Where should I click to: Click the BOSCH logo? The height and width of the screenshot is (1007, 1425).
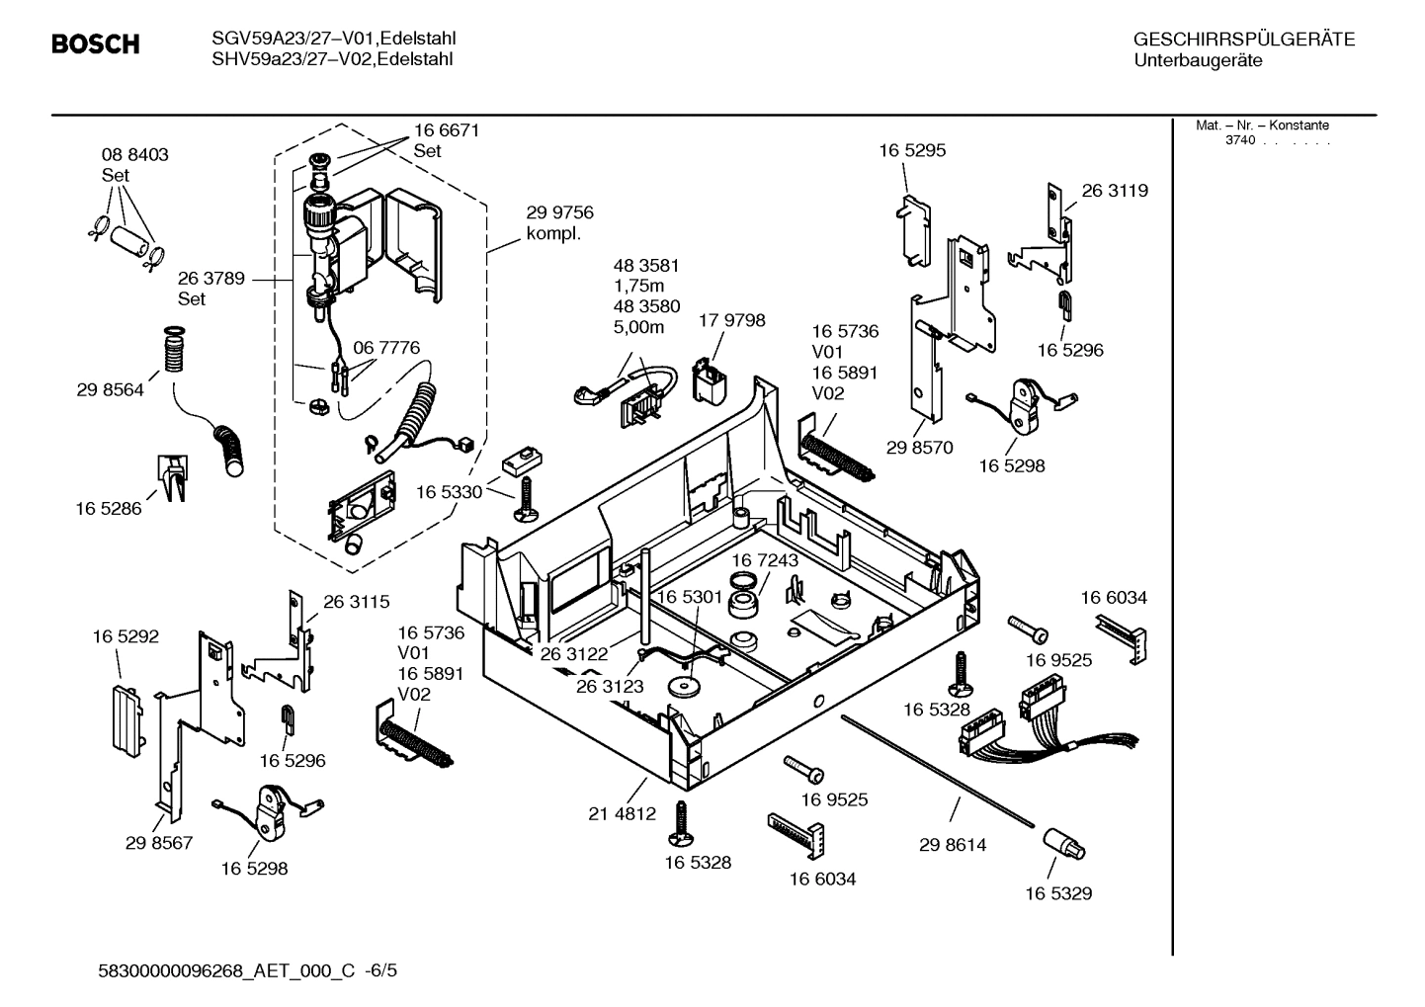pos(95,44)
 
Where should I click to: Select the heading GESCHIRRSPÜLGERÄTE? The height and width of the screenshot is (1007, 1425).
pos(1243,40)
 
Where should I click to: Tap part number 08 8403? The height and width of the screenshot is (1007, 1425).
pos(134,154)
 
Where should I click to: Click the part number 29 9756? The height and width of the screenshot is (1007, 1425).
pos(559,212)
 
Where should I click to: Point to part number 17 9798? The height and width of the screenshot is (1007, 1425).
pos(731,320)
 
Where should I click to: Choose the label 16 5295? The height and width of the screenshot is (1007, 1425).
pos(912,150)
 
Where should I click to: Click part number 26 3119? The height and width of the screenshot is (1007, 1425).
pos(1115,191)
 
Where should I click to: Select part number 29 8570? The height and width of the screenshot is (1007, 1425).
pos(919,447)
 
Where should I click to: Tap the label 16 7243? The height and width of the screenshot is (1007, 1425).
pos(765,560)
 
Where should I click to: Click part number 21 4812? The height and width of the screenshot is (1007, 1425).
pos(622,814)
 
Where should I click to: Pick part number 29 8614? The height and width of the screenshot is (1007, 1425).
pos(953,845)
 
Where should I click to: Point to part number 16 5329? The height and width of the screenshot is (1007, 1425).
pos(1058,893)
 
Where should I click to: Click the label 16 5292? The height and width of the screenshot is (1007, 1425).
pos(126,636)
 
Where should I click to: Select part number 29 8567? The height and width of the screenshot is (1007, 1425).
pos(159,843)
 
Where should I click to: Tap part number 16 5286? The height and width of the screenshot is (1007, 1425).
pos(109,508)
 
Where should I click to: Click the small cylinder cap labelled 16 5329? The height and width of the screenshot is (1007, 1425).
pos(1062,846)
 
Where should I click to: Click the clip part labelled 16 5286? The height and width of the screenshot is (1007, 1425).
pos(172,477)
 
